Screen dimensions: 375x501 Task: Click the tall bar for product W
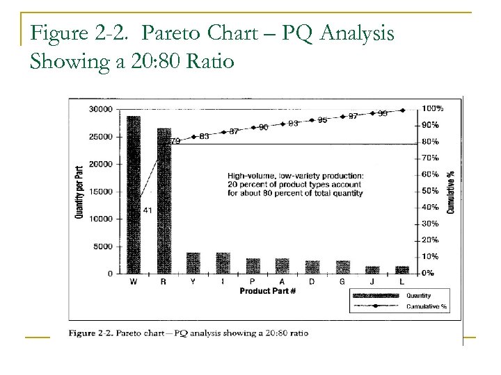[x=134, y=194]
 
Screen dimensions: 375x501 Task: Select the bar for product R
[x=164, y=201]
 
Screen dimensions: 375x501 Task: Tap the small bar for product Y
[x=193, y=263]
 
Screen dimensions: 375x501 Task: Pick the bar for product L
[x=402, y=269]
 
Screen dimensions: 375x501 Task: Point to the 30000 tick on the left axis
[x=100, y=109]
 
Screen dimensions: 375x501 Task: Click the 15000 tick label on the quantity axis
[x=100, y=192]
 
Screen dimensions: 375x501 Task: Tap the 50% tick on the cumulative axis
[x=430, y=190]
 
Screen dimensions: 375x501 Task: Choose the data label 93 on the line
[x=293, y=123]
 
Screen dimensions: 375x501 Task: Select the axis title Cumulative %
[x=451, y=191]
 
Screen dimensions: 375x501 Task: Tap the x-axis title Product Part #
[x=269, y=290]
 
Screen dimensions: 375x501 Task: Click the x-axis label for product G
[x=343, y=281]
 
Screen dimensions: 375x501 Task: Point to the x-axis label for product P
[x=253, y=281]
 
